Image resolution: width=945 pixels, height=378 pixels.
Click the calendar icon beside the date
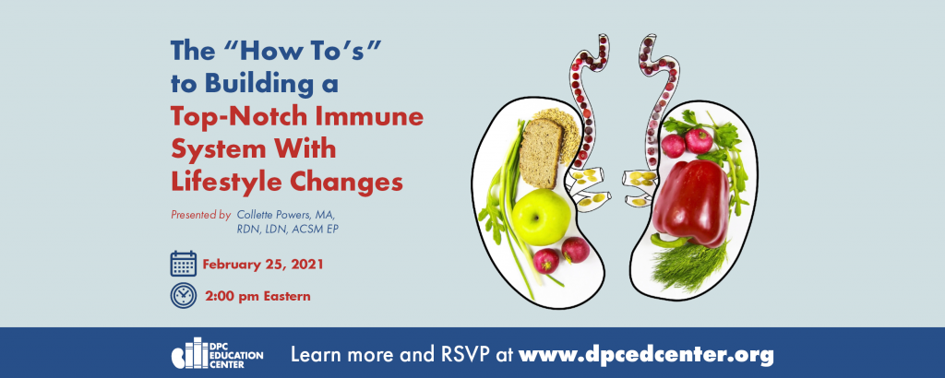pos(184,264)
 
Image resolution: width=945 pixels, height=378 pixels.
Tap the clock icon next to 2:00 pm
pos(184,296)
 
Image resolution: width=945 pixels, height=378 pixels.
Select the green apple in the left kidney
pos(541,217)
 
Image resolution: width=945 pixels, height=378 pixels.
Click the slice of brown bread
pos(541,153)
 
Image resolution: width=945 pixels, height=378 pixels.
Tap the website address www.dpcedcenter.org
pos(646,354)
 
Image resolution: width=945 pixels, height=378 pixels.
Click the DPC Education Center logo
pos(217,355)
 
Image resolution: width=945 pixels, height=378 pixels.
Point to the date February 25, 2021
pos(263,265)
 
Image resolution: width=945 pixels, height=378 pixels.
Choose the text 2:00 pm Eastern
pos(258,296)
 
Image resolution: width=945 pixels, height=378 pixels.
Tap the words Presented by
pos(200,214)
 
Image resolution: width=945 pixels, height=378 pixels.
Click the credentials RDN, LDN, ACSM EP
pos(288,230)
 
